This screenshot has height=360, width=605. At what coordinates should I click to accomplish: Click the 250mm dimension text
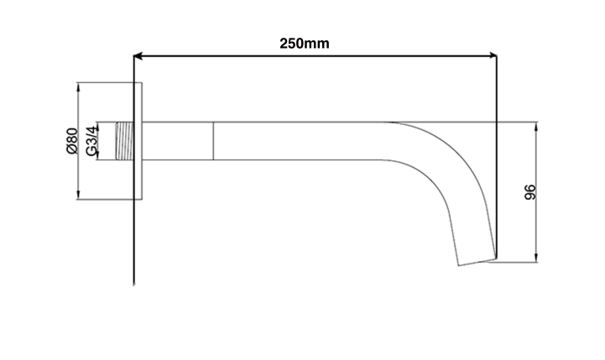[x=304, y=43]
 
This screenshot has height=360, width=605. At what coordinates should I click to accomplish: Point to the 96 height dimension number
[x=529, y=192]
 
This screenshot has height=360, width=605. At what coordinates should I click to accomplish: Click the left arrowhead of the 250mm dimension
[x=140, y=57]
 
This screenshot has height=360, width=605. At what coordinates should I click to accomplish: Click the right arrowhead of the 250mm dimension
[x=492, y=57]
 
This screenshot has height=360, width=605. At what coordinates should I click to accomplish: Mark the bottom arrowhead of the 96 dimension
[x=535, y=257]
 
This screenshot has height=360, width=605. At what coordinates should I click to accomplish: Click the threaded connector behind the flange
[x=123, y=141]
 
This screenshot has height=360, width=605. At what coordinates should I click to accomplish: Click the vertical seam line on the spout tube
[x=212, y=141]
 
